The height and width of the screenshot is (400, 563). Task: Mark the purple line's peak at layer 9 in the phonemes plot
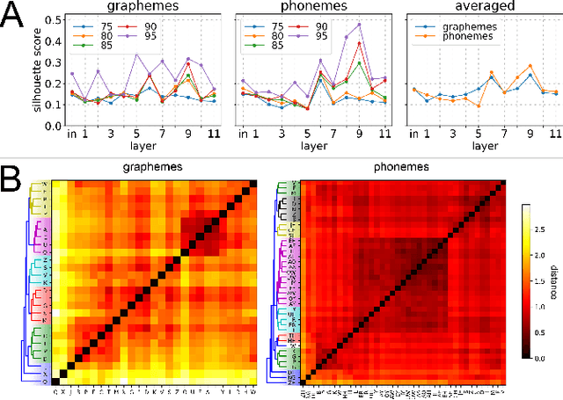point(359,25)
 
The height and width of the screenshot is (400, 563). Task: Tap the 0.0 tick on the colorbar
point(531,359)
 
